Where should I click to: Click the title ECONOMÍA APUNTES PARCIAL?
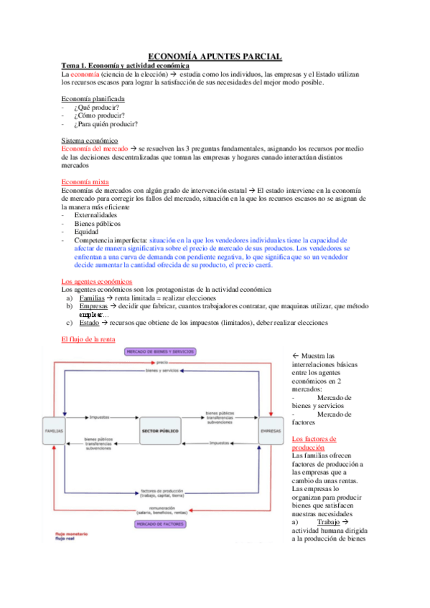click(215, 56)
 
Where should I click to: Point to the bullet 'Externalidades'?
click(100, 214)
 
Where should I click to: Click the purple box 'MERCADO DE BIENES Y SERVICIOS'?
click(161, 352)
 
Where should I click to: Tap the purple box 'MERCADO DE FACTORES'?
click(160, 524)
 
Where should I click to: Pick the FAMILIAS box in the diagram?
click(55, 430)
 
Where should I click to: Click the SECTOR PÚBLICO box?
click(161, 430)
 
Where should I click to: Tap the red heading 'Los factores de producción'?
click(315, 442)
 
